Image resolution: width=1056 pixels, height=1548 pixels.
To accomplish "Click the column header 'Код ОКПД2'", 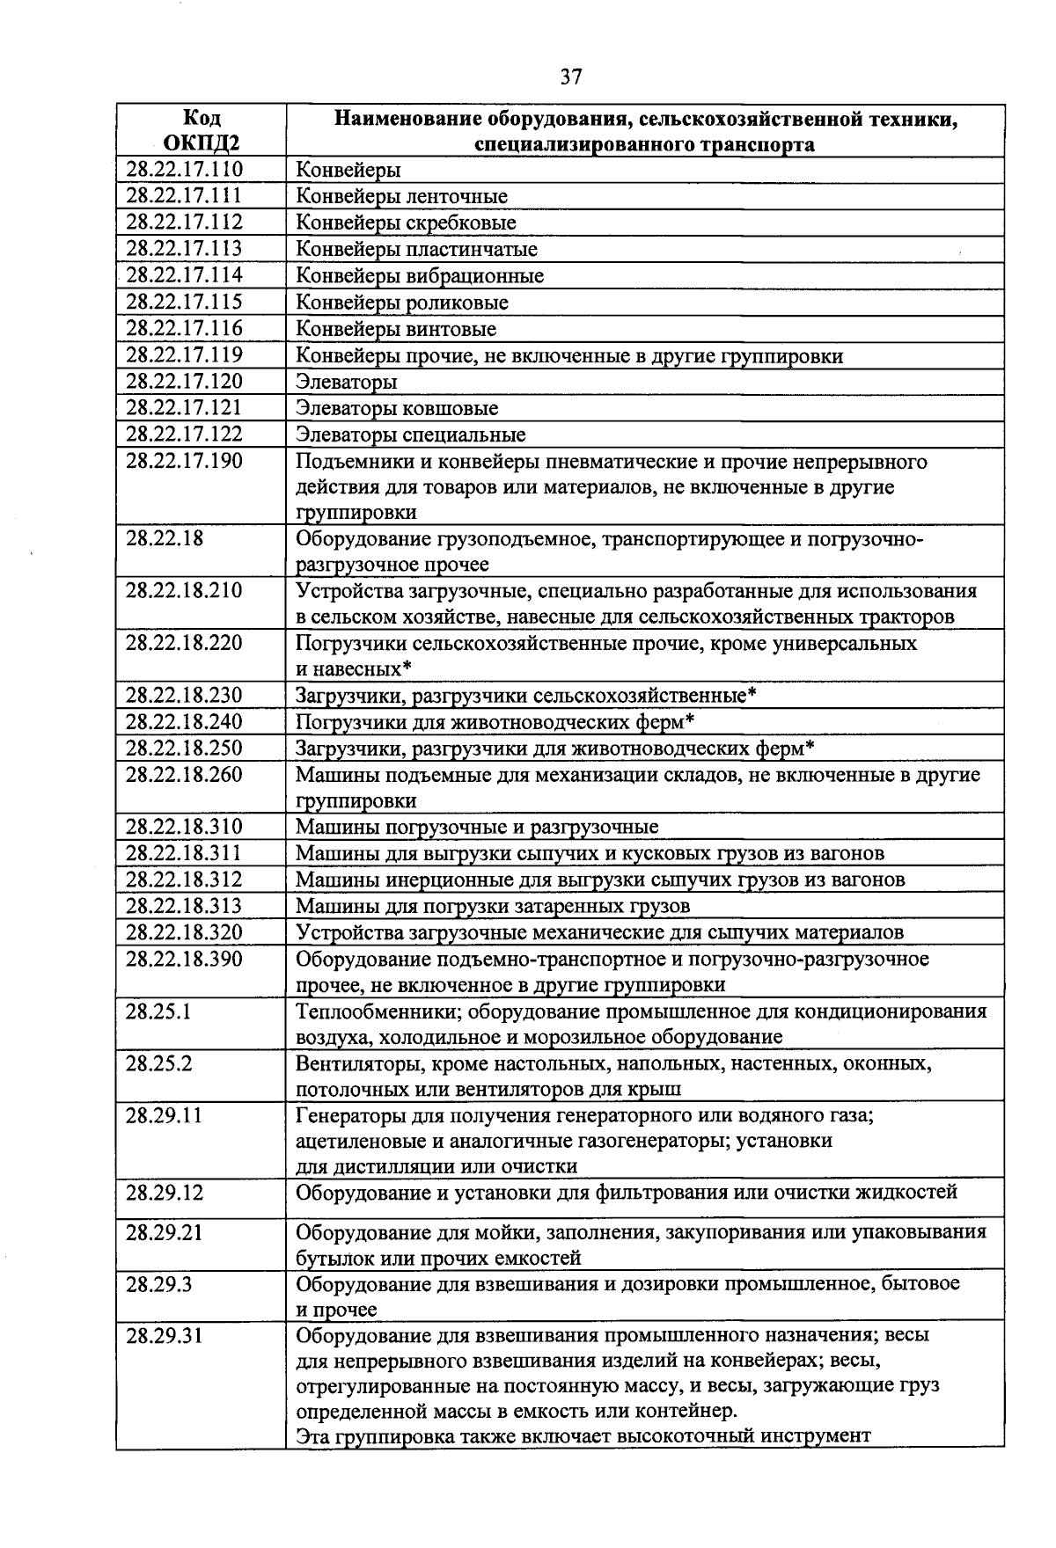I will pyautogui.click(x=202, y=130).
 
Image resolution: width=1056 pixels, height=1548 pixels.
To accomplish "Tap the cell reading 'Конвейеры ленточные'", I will pyautogui.click(x=401, y=196).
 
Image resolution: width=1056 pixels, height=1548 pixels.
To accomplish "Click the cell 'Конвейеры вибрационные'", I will pyautogui.click(x=419, y=276).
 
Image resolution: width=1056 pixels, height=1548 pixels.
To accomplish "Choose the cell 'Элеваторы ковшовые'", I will pyautogui.click(x=396, y=408).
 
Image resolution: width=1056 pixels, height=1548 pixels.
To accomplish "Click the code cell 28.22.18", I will pyautogui.click(x=164, y=537).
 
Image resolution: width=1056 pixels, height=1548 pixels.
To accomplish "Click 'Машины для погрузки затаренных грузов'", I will pyautogui.click(x=493, y=906).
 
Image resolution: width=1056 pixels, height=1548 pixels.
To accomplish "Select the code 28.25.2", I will pyautogui.click(x=158, y=1062).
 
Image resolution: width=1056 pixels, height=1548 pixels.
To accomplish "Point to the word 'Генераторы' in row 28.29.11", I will pyautogui.click(x=339, y=1115).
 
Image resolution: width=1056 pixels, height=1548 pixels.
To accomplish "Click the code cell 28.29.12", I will pyautogui.click(x=164, y=1192).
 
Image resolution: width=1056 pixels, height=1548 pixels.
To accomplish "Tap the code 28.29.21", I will pyautogui.click(x=164, y=1231).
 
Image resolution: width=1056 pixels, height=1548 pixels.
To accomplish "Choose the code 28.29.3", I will pyautogui.click(x=158, y=1283).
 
